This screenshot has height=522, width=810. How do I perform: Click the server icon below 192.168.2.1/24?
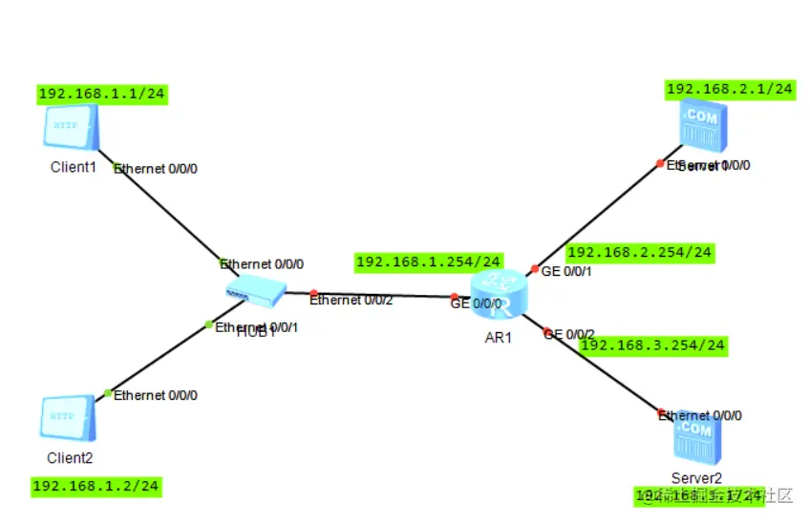coord(700,129)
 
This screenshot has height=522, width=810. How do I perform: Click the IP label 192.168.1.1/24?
coord(103,94)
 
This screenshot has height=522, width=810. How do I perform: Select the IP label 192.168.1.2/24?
coord(96,486)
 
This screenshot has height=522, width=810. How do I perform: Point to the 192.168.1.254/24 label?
coord(429,261)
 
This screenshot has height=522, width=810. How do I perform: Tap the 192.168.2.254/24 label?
coord(639,253)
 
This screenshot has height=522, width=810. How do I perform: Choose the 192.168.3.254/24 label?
coord(652,345)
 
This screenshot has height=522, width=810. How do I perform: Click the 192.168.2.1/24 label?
coord(730,89)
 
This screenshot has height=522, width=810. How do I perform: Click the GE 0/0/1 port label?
coord(567,272)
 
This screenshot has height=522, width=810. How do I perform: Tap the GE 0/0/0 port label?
coord(476,304)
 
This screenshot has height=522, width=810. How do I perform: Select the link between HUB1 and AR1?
coord(382,294)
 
